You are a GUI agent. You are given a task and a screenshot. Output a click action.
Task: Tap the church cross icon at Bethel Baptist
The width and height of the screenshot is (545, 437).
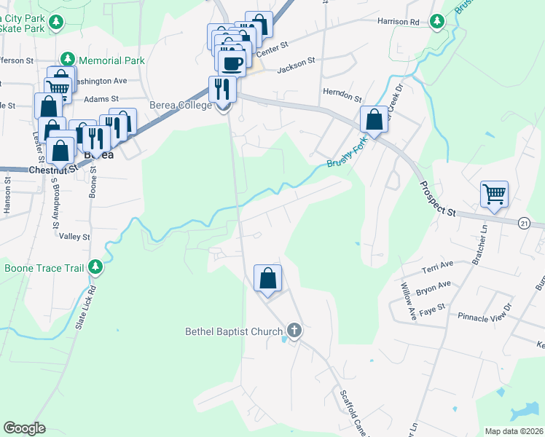294,331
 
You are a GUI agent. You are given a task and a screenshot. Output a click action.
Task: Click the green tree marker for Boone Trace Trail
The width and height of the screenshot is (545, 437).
95,267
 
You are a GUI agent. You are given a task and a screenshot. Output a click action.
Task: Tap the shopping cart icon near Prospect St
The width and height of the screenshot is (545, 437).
494,194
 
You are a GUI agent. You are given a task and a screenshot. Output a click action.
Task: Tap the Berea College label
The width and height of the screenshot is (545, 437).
180,105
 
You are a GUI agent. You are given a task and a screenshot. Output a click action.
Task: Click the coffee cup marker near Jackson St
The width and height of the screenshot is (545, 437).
232,63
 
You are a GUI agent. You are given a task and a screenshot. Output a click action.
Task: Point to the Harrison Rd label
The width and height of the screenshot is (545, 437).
399,22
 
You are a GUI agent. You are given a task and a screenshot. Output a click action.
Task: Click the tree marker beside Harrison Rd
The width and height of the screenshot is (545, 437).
437,22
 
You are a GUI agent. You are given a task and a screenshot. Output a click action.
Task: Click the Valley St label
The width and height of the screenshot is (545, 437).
74,237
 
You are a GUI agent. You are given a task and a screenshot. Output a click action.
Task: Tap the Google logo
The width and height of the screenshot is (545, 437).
25,428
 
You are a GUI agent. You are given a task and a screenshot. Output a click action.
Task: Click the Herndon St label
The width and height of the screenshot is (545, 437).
342,97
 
